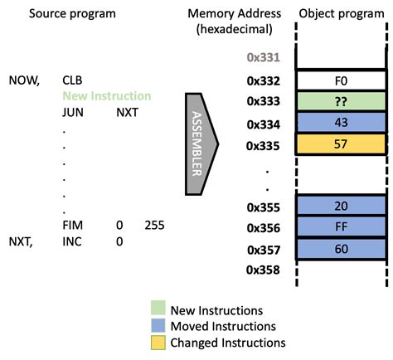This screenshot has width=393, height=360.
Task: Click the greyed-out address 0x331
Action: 264,58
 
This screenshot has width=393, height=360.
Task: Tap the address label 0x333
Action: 264,102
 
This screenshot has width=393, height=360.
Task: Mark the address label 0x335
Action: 264,144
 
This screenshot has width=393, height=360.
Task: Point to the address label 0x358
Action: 264,270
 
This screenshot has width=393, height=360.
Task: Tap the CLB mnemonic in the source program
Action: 72,80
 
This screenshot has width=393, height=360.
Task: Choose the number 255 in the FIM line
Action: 156,225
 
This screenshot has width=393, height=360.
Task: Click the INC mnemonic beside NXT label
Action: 72,241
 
